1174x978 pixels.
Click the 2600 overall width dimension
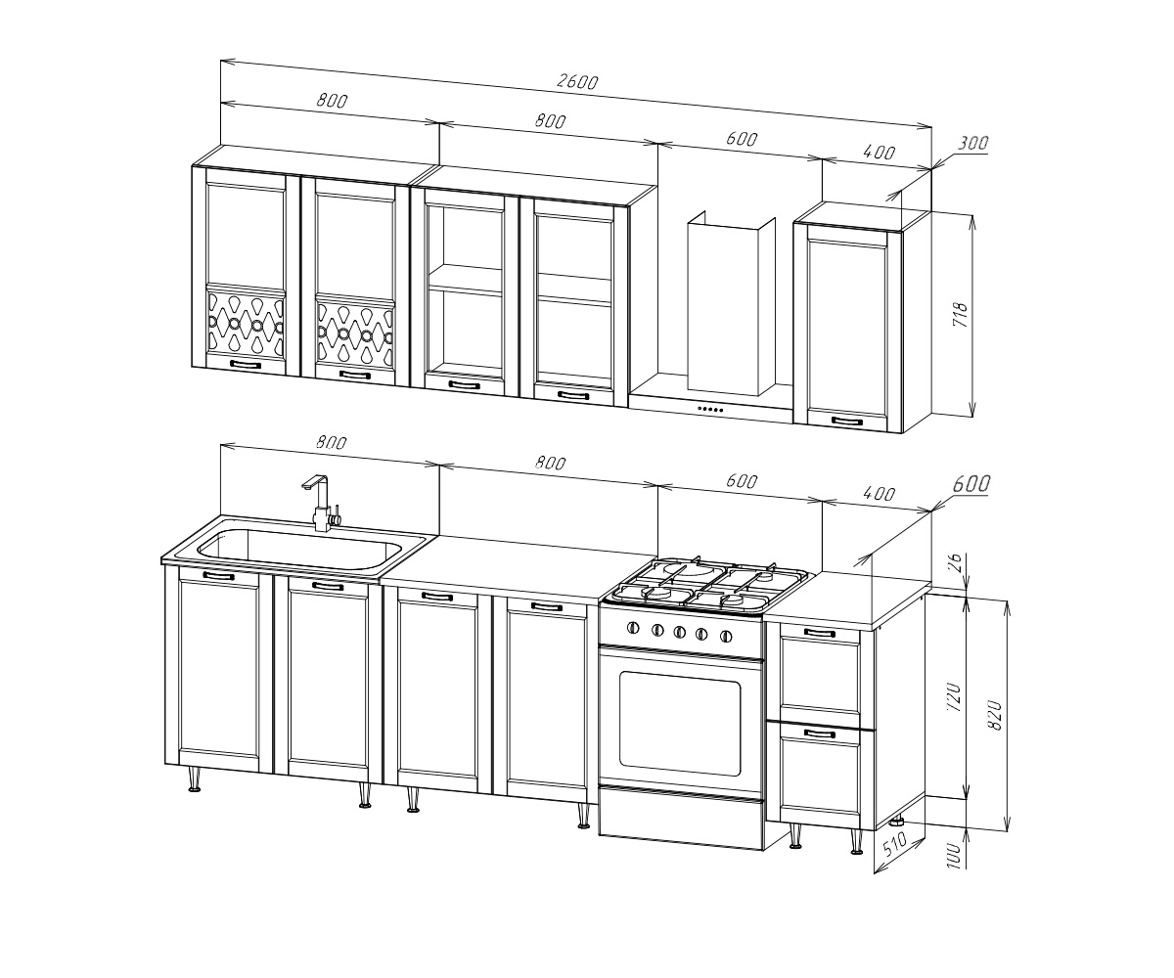pos(577,82)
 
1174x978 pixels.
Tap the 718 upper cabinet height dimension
pos(960,315)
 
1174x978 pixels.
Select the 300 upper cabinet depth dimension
pos(972,144)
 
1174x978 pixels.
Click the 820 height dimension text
pos(995,715)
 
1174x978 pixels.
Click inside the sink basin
pos(299,549)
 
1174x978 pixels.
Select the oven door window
pos(680,723)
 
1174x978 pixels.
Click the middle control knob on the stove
pos(679,632)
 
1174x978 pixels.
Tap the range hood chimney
pos(731,303)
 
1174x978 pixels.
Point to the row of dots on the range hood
pos(710,409)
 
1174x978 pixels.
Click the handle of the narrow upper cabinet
pos(847,421)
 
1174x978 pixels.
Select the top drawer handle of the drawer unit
pos(819,633)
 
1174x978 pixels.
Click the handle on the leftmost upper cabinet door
pos(246,365)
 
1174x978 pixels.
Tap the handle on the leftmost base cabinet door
pos(218,576)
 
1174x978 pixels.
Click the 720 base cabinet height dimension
pos(954,697)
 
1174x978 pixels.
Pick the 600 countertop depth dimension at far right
pos(971,484)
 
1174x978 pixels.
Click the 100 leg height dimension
pos(954,856)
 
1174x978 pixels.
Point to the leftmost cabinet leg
pos(195,778)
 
